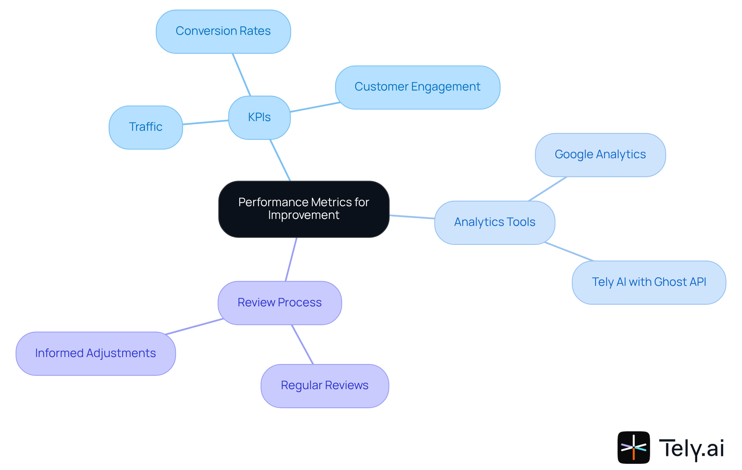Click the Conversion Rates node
click(223, 31)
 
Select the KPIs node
click(259, 117)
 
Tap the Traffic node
click(145, 127)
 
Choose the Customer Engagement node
click(417, 87)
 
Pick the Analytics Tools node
click(494, 222)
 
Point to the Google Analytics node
click(600, 155)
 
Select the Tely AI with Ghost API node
click(648, 282)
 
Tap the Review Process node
click(279, 303)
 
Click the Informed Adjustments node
click(95, 353)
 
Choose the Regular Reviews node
click(324, 386)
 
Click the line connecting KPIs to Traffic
click(205, 122)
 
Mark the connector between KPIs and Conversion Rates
click(242, 75)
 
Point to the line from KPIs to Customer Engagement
click(315, 107)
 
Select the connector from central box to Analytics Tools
click(412, 217)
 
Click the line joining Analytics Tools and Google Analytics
click(548, 189)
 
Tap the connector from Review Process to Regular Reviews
click(302, 344)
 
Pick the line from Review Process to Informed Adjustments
click(194, 326)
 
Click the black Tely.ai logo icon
click(633, 447)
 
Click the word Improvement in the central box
click(303, 215)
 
